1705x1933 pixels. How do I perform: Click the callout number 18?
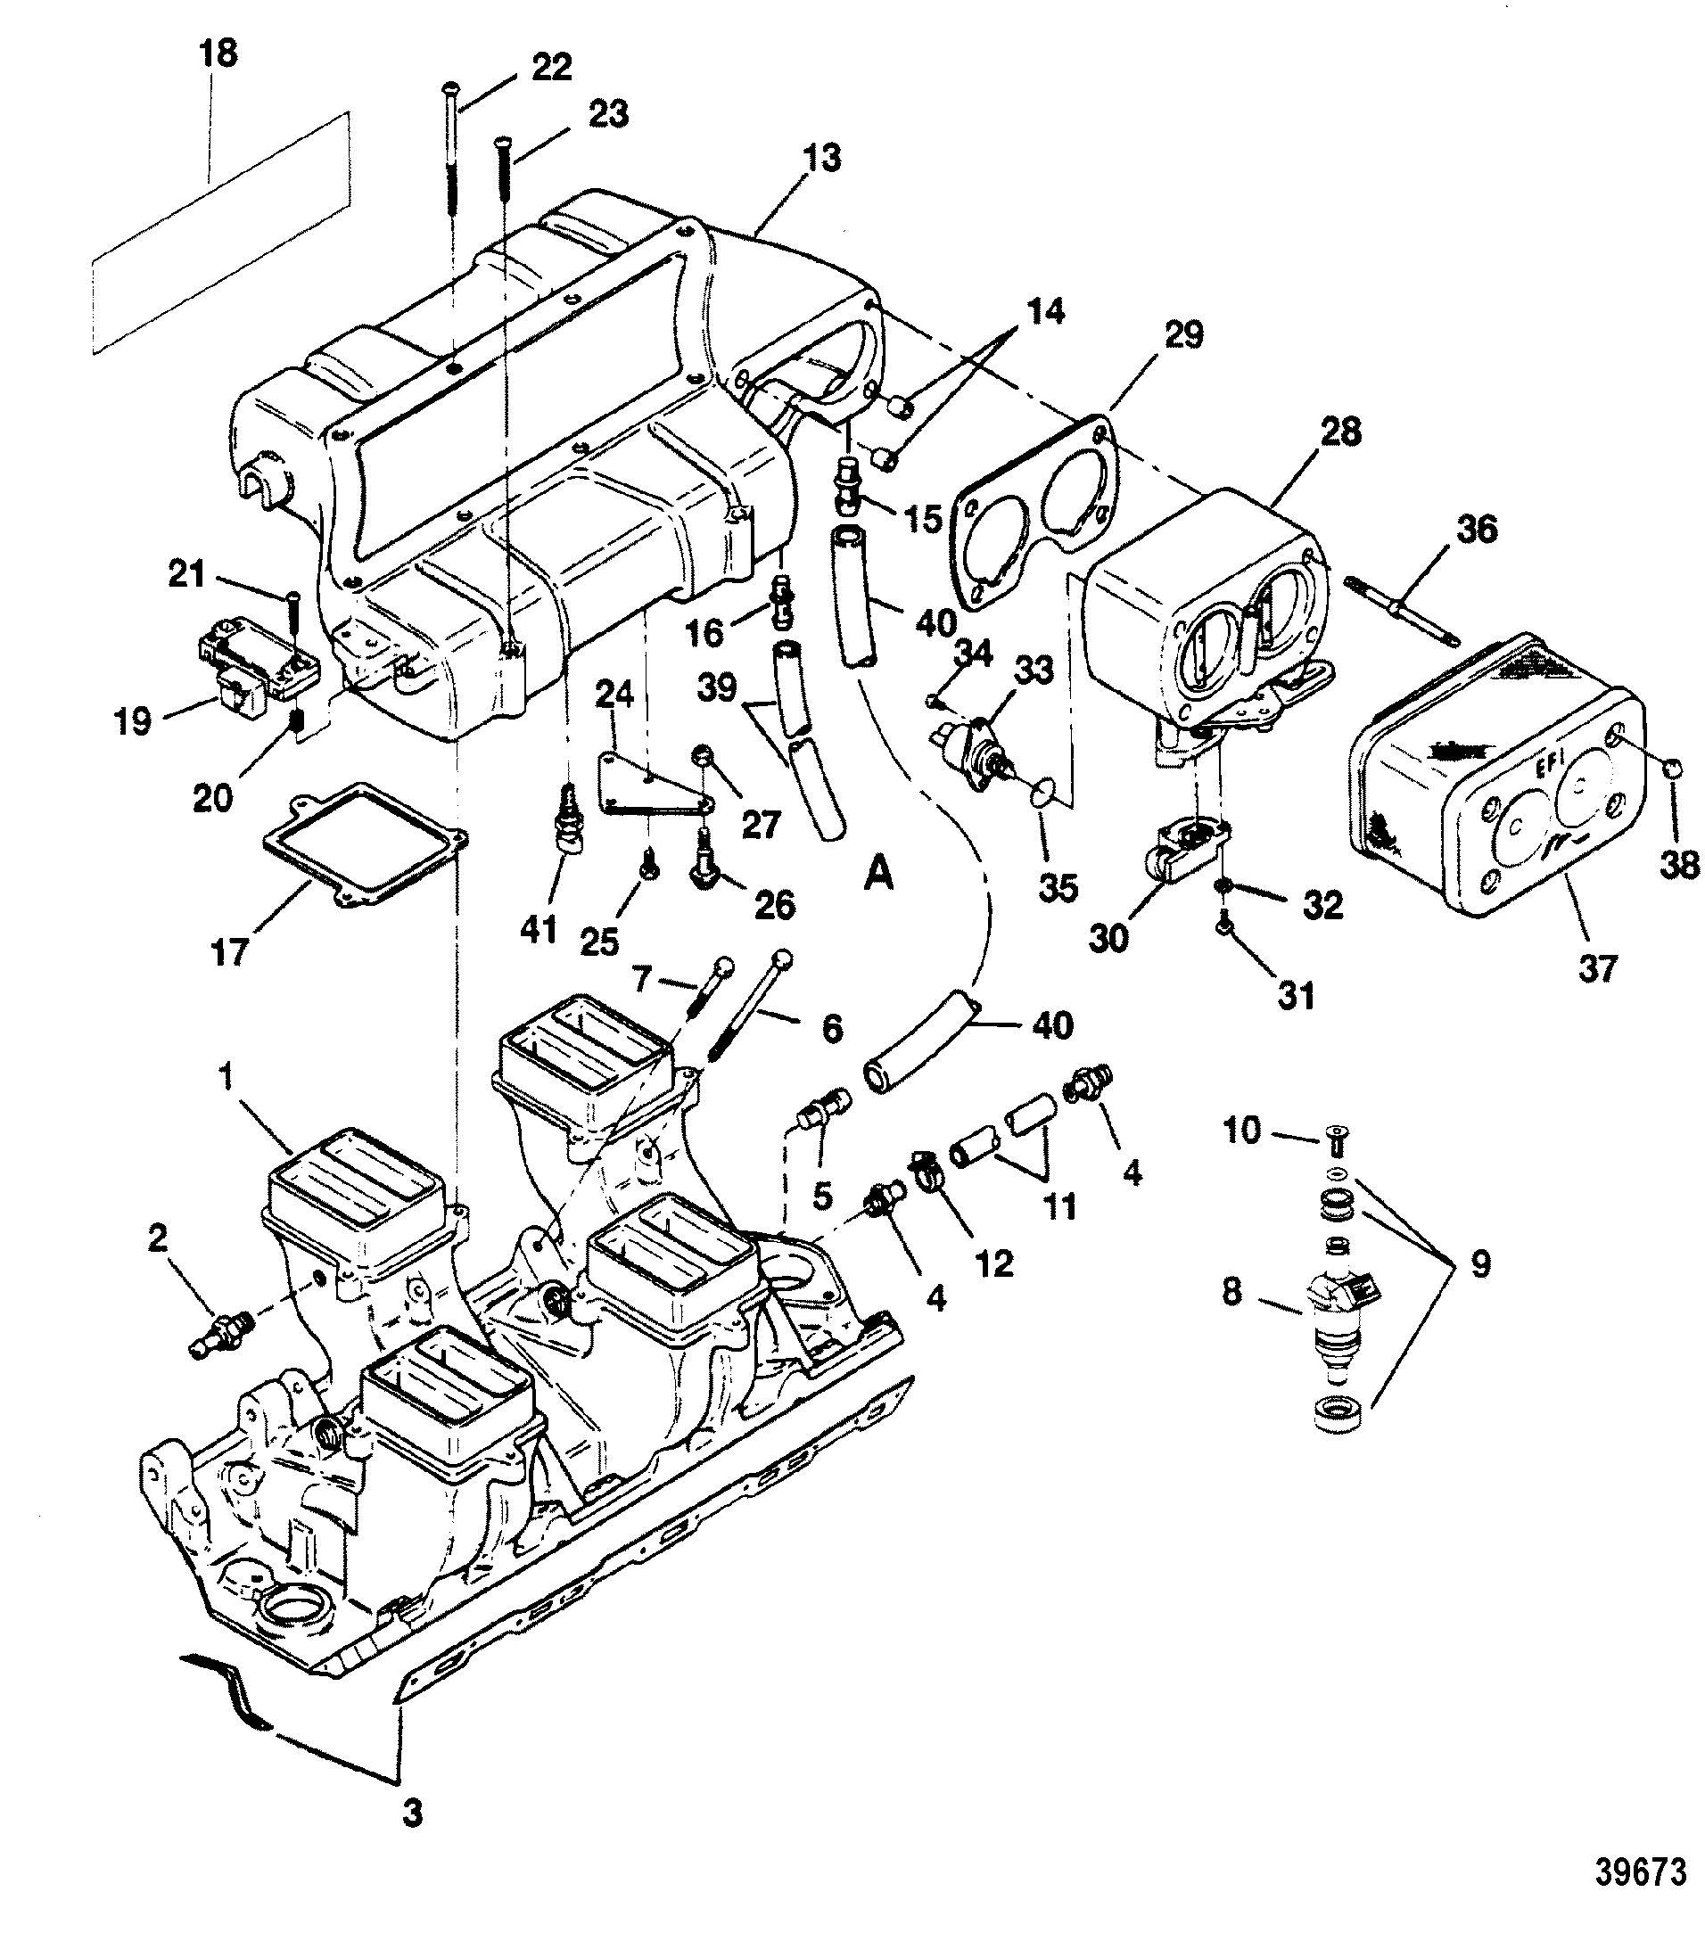click(218, 53)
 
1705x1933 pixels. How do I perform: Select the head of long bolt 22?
click(452, 88)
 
